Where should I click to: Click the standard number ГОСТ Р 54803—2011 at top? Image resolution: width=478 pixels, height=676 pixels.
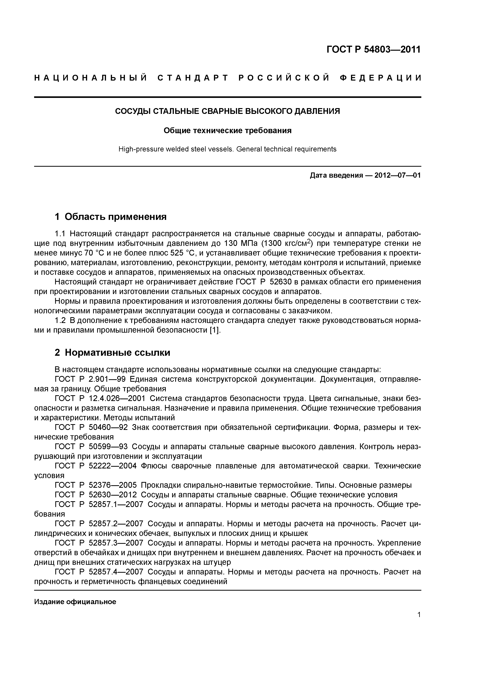pyautogui.click(x=374, y=50)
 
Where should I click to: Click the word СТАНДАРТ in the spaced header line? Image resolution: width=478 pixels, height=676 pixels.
pyautogui.click(x=193, y=78)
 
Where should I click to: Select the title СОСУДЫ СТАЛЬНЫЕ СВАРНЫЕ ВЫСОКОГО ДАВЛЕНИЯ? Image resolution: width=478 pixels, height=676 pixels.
pyautogui.click(x=227, y=111)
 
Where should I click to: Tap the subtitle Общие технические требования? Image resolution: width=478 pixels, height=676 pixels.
pyautogui.click(x=227, y=130)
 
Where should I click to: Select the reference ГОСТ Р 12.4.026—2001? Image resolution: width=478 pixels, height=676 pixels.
pyautogui.click(x=100, y=399)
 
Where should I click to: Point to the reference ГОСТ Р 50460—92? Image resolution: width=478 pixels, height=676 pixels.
pyautogui.click(x=91, y=427)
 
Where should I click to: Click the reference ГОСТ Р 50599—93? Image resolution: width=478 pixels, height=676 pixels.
pyautogui.click(x=91, y=447)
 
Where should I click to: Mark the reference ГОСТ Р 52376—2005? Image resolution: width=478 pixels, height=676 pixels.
pyautogui.click(x=96, y=485)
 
